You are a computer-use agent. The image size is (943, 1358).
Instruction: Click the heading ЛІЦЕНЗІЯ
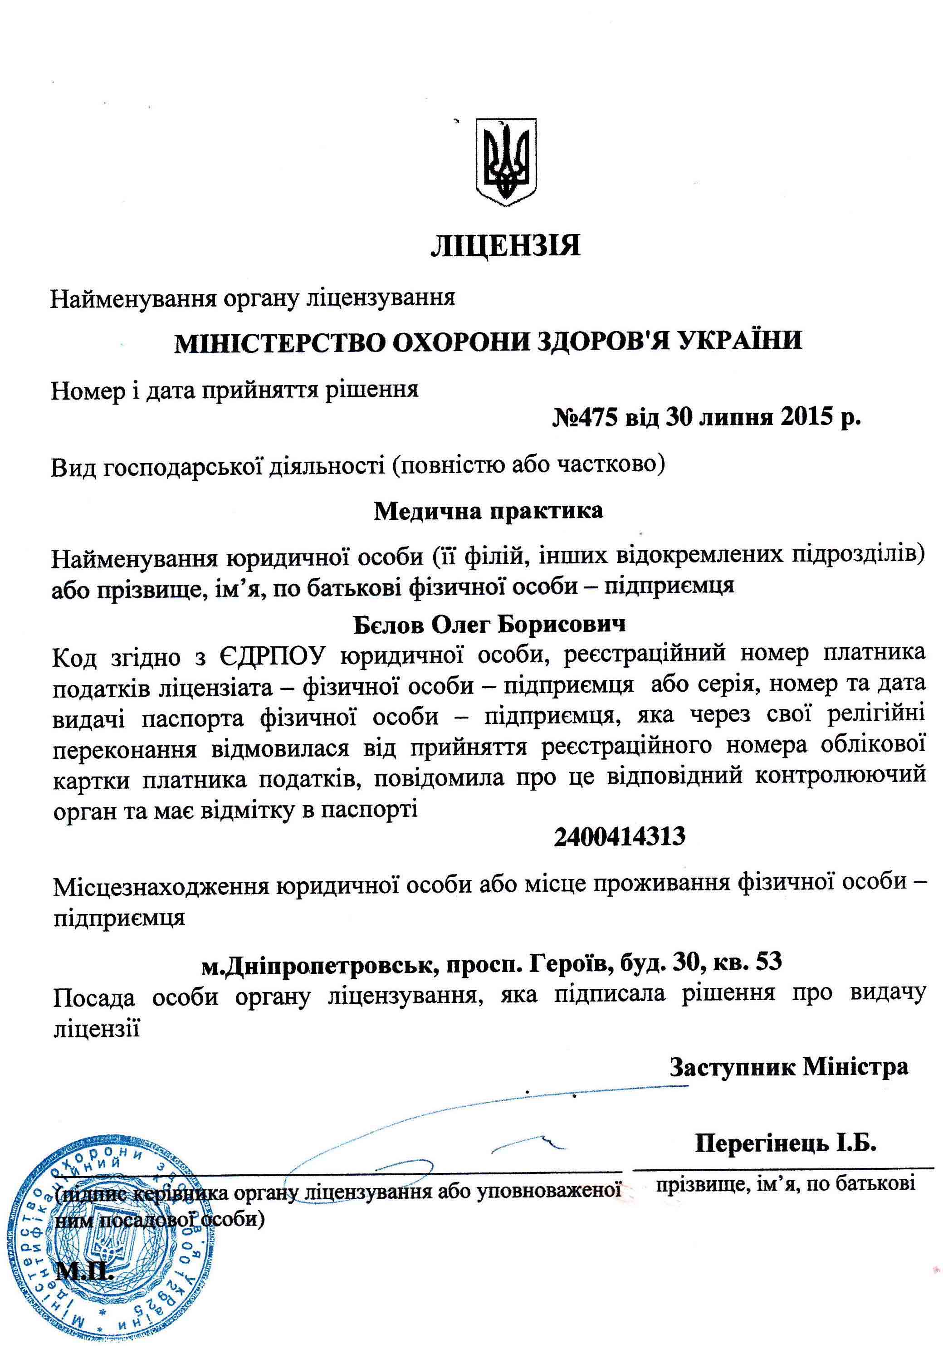click(505, 246)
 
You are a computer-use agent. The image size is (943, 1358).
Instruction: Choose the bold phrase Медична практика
click(488, 510)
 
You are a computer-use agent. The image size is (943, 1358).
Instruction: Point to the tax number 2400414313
click(619, 836)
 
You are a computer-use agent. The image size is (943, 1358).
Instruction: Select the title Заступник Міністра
click(789, 1067)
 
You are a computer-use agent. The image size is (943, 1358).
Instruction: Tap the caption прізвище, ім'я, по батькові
click(785, 1183)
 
